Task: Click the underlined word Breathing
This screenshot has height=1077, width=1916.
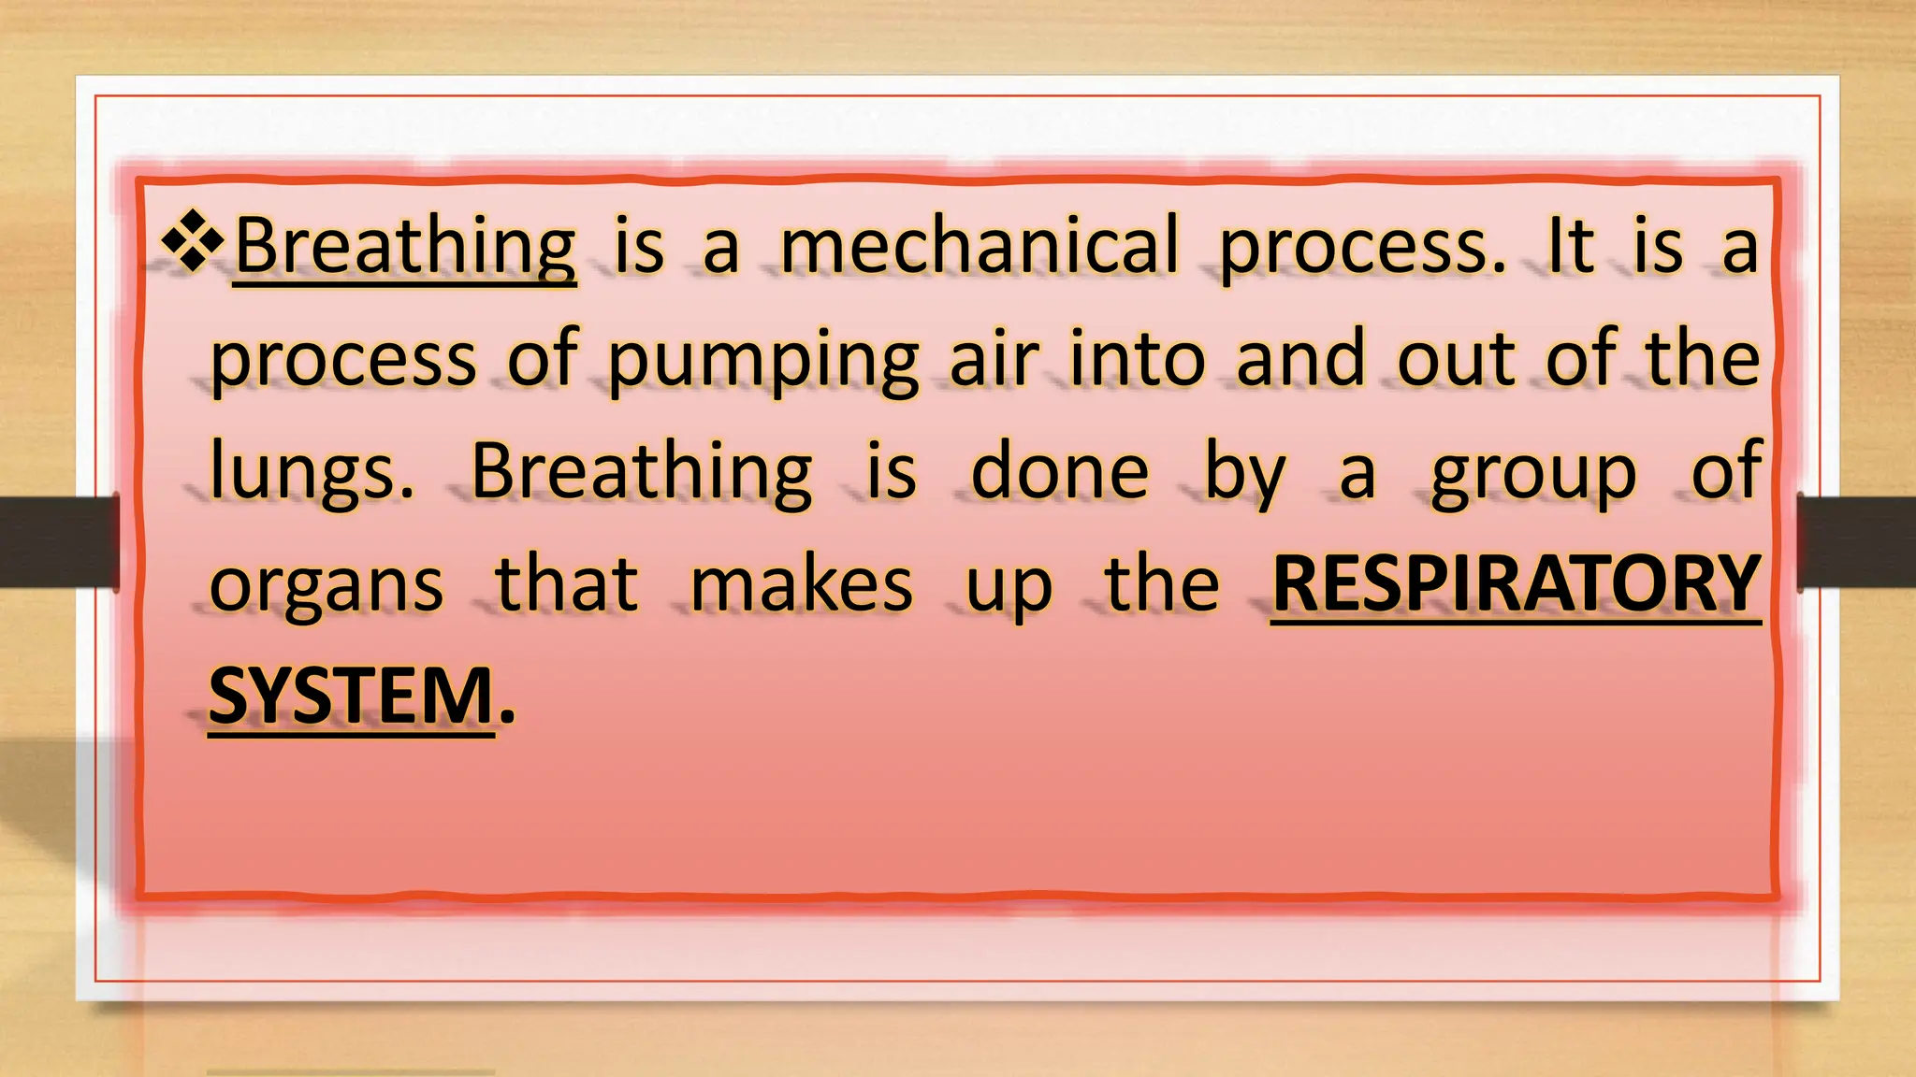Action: point(405,246)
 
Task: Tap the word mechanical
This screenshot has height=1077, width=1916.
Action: point(980,246)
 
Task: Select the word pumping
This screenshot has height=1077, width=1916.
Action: point(762,360)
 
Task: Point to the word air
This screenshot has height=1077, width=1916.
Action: point(994,358)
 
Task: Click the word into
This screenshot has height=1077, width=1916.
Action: point(1137,358)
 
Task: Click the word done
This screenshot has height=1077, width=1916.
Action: point(1060,470)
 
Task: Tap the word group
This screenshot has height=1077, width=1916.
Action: point(1533,474)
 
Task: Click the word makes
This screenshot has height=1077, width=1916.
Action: point(801,584)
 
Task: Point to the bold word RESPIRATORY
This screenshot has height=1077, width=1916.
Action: point(1516,584)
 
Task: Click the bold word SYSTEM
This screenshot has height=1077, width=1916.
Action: point(351,696)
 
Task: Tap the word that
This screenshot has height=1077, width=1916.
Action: point(567,584)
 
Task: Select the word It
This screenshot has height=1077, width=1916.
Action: point(1571,246)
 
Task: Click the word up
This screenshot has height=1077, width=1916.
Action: point(1009,588)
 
